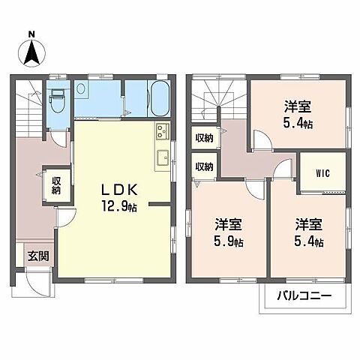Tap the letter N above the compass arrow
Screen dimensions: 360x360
(31, 33)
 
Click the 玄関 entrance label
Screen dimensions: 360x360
(39, 256)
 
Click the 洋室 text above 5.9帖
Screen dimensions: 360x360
(228, 224)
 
